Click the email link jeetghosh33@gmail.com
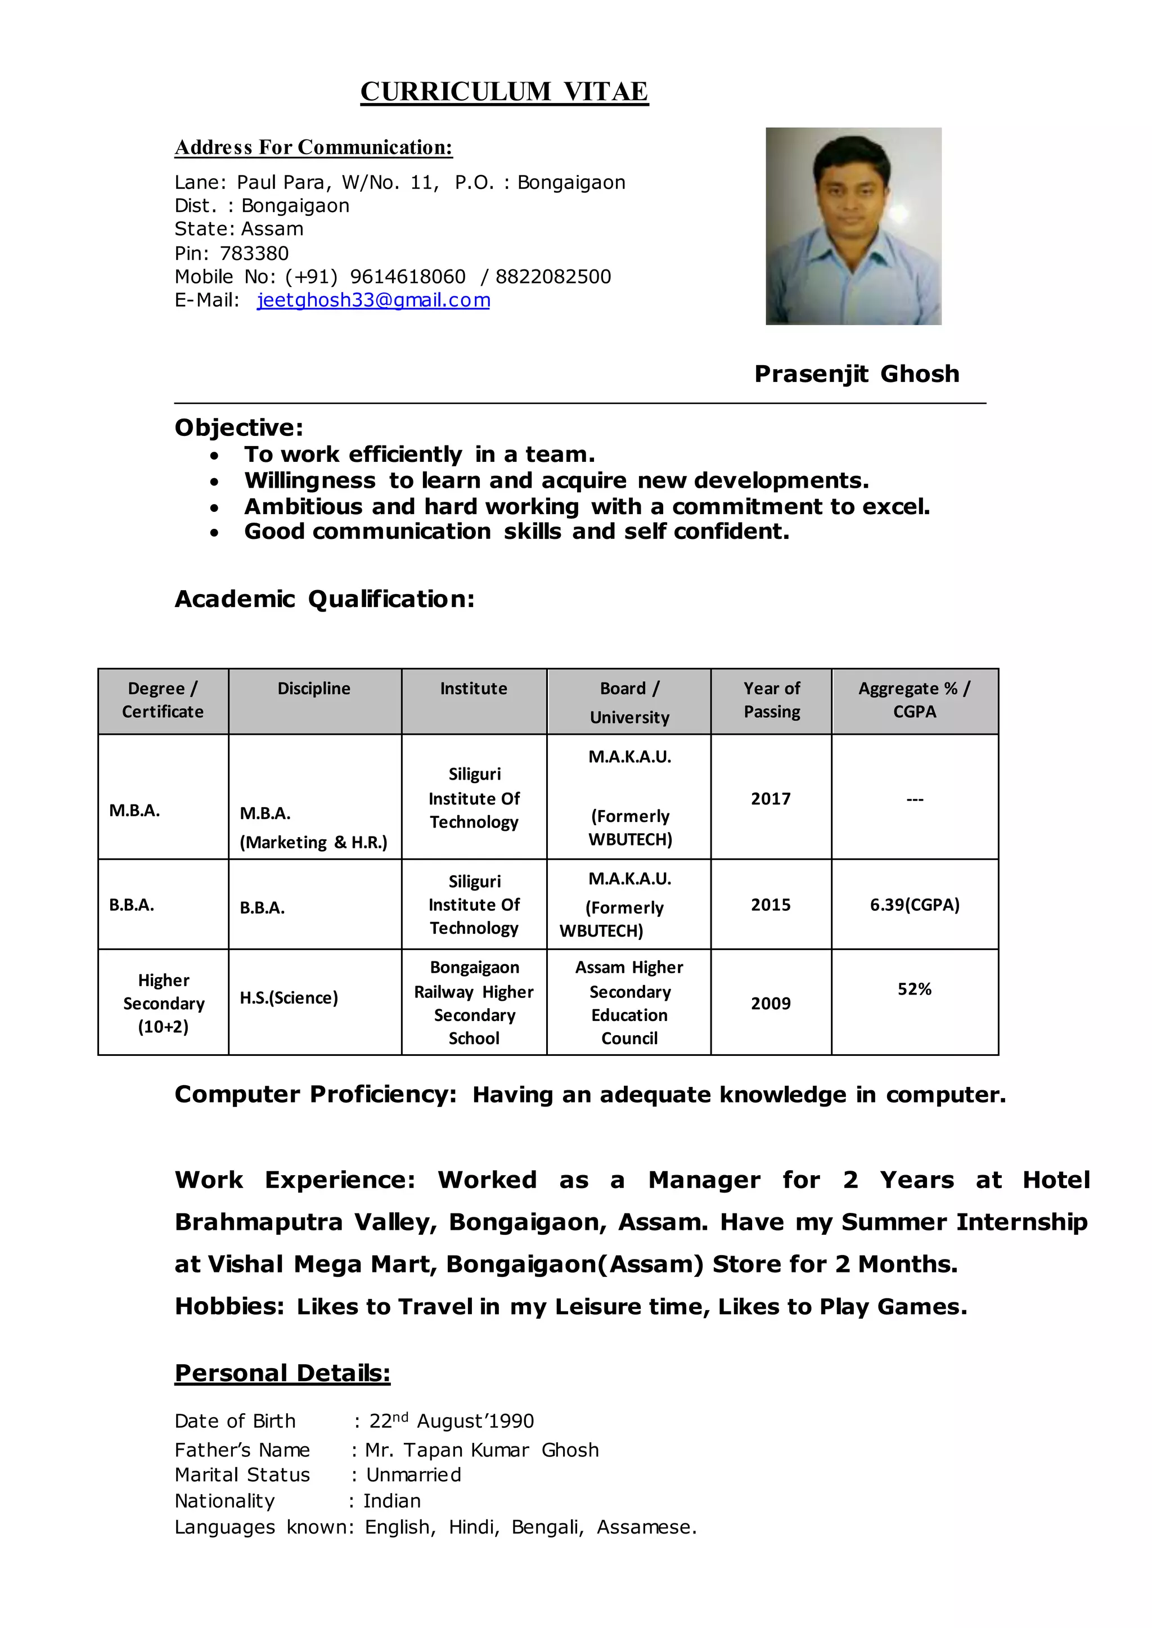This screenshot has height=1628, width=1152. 373,300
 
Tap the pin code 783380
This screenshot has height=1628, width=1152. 254,253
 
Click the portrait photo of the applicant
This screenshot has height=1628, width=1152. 853,226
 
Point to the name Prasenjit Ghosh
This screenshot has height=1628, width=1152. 856,374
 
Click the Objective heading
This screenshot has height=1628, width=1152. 238,428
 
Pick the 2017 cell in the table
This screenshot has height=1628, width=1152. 771,799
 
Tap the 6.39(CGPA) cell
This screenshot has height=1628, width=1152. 915,905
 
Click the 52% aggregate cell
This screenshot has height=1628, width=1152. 915,989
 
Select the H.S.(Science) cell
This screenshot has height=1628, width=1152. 289,997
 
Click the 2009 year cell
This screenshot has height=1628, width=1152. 771,1003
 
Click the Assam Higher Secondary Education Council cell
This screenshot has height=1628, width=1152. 629,1002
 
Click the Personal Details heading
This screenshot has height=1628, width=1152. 282,1373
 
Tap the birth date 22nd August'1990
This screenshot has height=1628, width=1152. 451,1421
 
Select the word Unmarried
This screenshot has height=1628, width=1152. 413,1475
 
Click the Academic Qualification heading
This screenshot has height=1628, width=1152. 324,600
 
